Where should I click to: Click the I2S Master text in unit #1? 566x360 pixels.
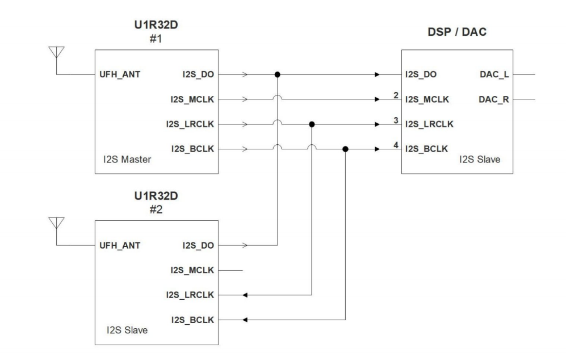pyautogui.click(x=124, y=161)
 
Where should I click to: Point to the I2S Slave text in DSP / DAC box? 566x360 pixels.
pyautogui.click(x=480, y=161)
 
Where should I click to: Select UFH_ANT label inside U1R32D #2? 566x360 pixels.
pyautogui.click(x=119, y=245)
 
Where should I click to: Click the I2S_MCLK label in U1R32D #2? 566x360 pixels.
pyautogui.click(x=192, y=270)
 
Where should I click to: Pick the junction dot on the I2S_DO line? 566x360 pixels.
pyautogui.click(x=277, y=74)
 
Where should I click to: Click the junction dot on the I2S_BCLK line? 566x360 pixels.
pyautogui.click(x=346, y=149)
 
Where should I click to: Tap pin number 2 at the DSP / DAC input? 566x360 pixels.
pyautogui.click(x=395, y=94)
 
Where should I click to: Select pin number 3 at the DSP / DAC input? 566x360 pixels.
pyautogui.click(x=395, y=119)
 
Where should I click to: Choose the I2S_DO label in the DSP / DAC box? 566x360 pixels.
pyautogui.click(x=421, y=74)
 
